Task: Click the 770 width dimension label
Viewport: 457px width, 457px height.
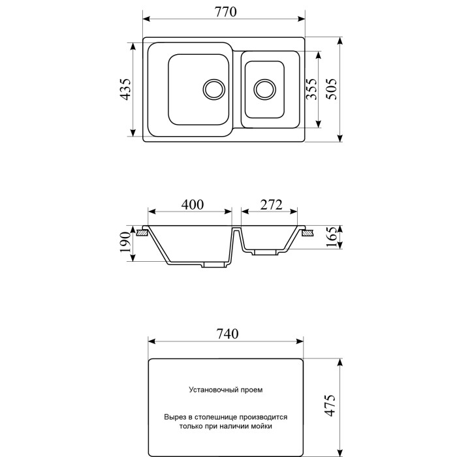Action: click(x=226, y=12)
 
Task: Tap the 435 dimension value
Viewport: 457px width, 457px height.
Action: click(x=126, y=89)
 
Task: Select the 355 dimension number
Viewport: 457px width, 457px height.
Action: click(x=311, y=89)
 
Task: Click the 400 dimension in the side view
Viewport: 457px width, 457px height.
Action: click(x=193, y=204)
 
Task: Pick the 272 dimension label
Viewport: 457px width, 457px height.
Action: click(x=272, y=204)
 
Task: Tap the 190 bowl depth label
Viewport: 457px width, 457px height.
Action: click(x=125, y=242)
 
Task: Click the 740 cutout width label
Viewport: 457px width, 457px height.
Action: click(x=227, y=334)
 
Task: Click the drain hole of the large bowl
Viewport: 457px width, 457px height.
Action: click(x=214, y=89)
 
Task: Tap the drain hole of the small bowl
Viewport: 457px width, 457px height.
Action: click(x=265, y=89)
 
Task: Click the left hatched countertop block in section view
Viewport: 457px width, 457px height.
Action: click(x=142, y=233)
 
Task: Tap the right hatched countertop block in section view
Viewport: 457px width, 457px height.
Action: click(x=307, y=233)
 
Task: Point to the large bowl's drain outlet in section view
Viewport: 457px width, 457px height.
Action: click(x=215, y=264)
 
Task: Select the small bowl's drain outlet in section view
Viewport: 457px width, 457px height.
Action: click(x=264, y=252)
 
